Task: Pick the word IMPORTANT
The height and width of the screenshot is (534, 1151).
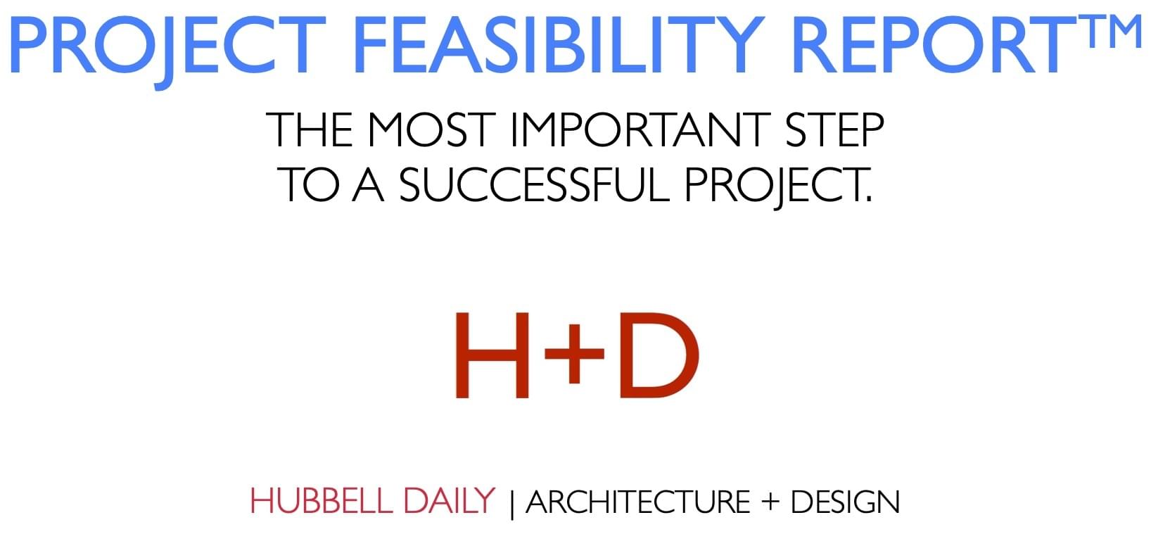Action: point(640,129)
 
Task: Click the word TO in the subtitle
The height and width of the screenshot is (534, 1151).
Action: point(308,185)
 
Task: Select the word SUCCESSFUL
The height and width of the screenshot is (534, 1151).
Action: point(535,185)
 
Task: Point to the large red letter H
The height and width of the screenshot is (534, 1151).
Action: point(492,355)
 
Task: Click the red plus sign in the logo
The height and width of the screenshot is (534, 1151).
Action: point(575,354)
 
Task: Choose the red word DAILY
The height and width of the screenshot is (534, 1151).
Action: point(449,501)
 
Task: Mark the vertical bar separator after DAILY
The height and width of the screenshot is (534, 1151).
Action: point(511,504)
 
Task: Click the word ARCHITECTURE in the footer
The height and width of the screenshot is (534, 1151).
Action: point(637,502)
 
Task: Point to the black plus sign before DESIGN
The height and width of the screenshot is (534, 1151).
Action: point(770,502)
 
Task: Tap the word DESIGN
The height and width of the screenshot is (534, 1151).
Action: point(845,502)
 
